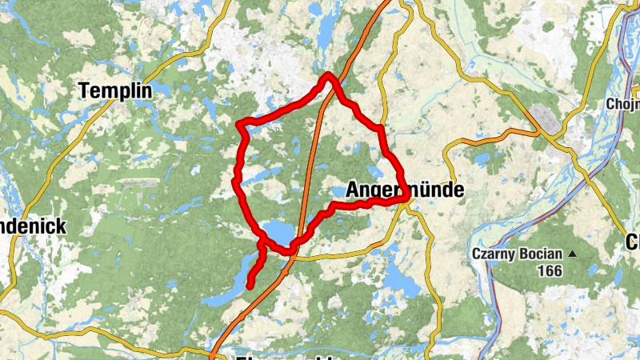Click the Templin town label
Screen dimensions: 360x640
tap(115, 91)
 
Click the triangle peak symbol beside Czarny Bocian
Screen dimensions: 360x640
tap(572, 254)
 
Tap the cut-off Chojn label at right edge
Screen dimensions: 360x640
tap(623, 104)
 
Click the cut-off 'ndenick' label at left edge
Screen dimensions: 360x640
tap(32, 226)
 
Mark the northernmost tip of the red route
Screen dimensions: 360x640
tap(328, 75)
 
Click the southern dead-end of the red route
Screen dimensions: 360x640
tap(250, 285)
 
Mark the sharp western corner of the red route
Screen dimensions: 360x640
tap(240, 124)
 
